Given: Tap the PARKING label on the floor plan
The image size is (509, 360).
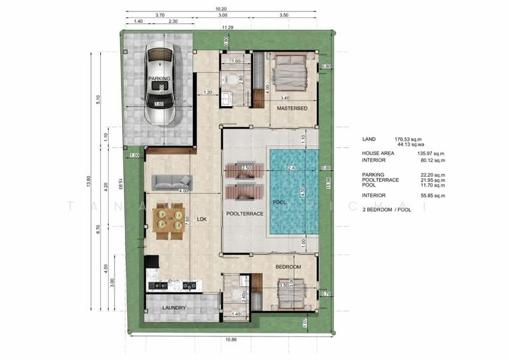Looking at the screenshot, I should pos(159,79).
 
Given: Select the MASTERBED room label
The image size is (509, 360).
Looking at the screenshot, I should pos(292,109).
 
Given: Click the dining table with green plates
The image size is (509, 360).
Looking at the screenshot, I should pos(170,220).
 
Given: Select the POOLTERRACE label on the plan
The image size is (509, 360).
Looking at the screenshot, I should pos(244,214).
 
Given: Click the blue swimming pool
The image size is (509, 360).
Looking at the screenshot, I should pos(292,191).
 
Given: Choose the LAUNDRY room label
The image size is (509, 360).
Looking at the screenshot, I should pos(173,308).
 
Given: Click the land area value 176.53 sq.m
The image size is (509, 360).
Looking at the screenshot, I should pos(410,139).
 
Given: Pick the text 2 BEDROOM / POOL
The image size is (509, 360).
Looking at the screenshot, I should pos(389,209).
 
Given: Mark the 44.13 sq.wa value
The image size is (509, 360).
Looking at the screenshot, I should pos(412,144).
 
